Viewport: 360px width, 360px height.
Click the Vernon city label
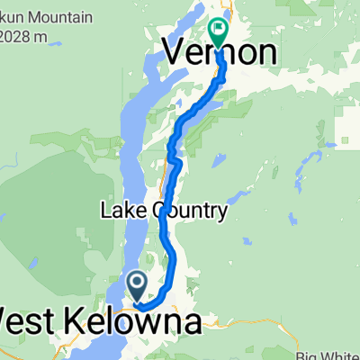pyautogui.click(x=219, y=51)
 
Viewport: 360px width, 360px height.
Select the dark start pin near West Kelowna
pyautogui.click(x=138, y=286)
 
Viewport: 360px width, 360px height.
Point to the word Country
pyautogui.click(x=190, y=212)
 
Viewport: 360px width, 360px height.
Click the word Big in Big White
pyautogui.click(x=315, y=343)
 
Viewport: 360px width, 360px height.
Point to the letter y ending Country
pyautogui.click(x=221, y=214)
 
